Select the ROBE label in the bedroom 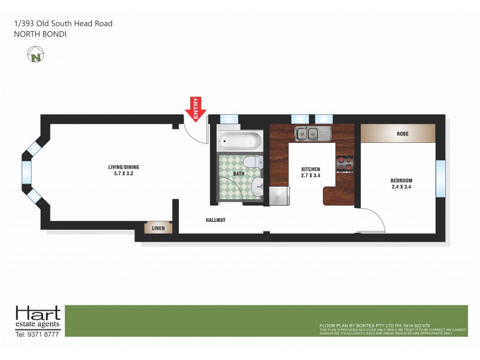tap(403, 134)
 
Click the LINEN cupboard tap(158, 228)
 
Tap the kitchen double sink tap(310, 133)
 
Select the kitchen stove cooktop tap(344, 163)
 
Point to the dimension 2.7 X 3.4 tap(311, 177)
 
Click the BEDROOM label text tap(401, 181)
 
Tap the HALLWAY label tap(215, 220)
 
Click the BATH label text tap(238, 174)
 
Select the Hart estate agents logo tap(38, 317)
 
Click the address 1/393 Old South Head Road tap(63, 23)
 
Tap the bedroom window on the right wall tap(440, 178)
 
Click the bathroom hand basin tap(256, 186)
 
